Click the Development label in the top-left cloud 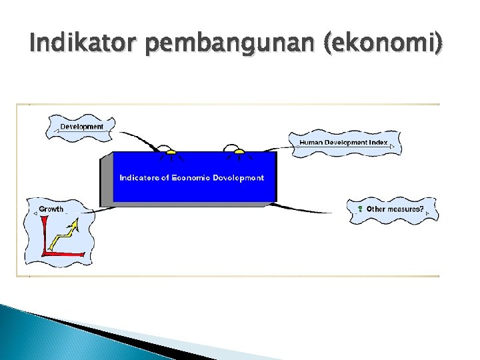click(x=81, y=126)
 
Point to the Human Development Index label click(x=343, y=142)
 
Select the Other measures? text click(x=394, y=209)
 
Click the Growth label click(x=51, y=209)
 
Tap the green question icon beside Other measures click(x=359, y=209)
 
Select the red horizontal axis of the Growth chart click(x=63, y=253)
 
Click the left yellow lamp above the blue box click(x=171, y=152)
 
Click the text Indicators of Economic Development click(x=191, y=178)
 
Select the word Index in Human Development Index click(x=378, y=142)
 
